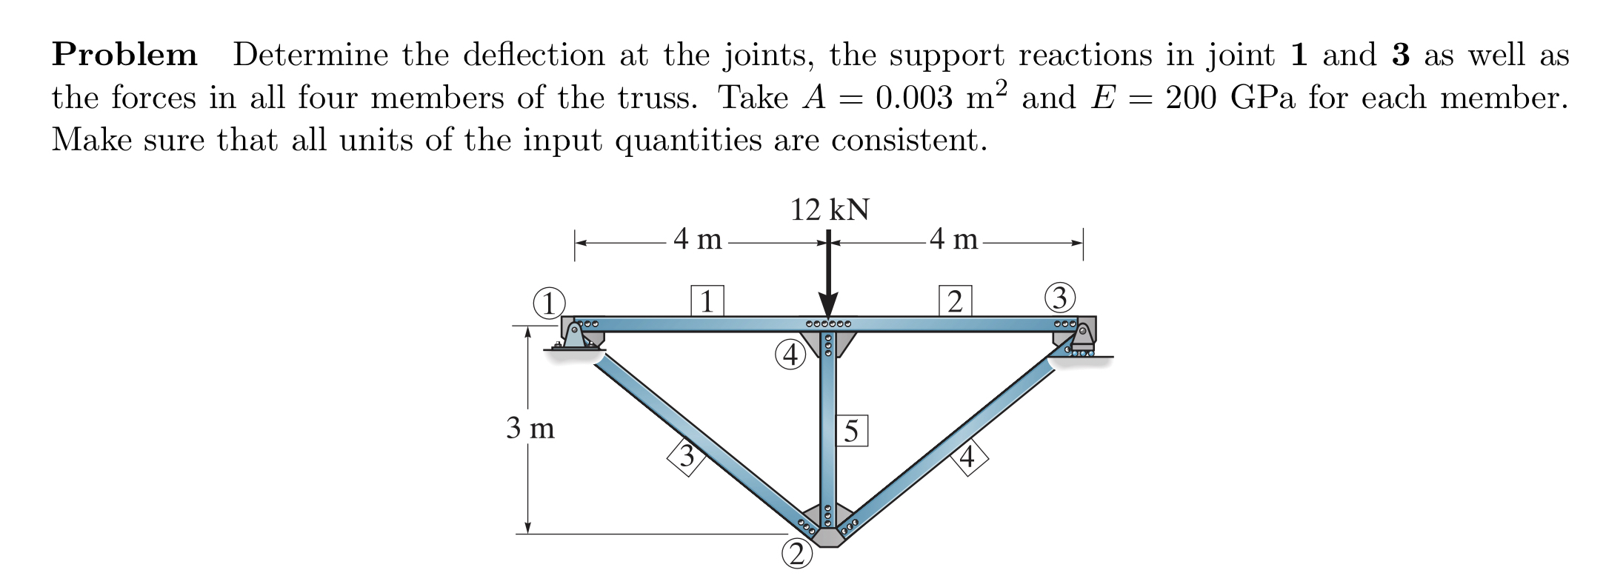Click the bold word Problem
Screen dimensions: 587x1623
point(124,56)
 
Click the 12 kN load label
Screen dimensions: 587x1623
point(829,210)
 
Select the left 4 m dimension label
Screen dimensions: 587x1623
point(179,239)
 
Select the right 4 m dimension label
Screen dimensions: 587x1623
point(954,239)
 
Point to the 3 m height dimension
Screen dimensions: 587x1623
point(530,428)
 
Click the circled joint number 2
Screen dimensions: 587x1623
point(796,553)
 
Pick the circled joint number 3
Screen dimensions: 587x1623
point(1060,298)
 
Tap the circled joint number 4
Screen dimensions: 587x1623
point(791,355)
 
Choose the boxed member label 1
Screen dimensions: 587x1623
point(707,301)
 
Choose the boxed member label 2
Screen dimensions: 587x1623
point(955,301)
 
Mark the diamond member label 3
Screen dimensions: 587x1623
point(169,455)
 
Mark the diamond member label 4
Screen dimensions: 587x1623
point(967,457)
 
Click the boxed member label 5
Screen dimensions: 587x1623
point(852,431)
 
